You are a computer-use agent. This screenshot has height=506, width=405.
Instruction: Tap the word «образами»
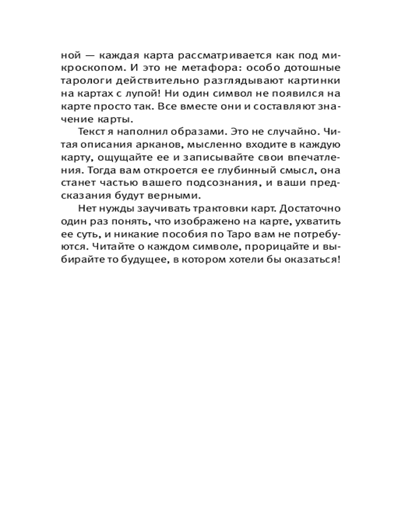point(180,133)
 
